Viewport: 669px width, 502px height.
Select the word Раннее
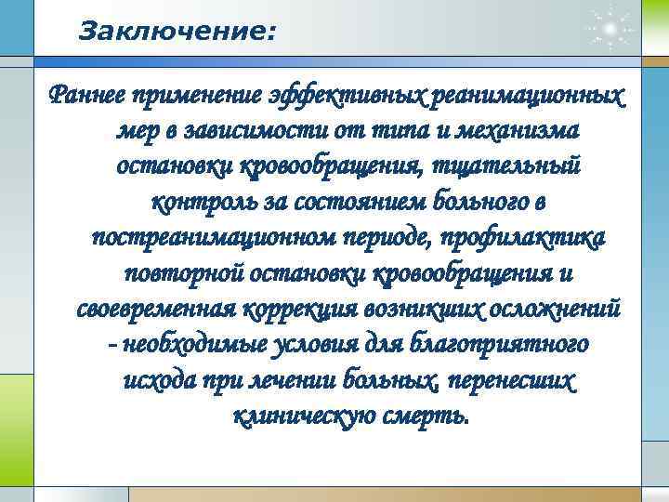pyautogui.click(x=87, y=96)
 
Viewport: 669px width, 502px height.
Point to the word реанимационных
pyautogui.click(x=528, y=96)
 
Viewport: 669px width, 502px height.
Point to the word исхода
pyautogui.click(x=155, y=378)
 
